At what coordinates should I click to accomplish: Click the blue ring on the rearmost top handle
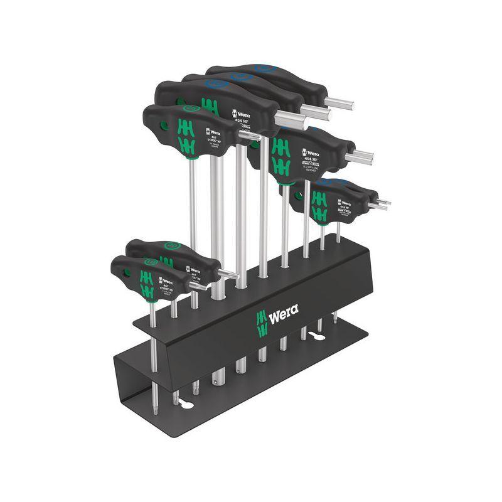point(264,68)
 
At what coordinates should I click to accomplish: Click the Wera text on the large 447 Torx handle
point(214,132)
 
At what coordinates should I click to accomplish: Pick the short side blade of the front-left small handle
point(198,286)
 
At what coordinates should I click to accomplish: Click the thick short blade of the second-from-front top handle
point(289,119)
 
